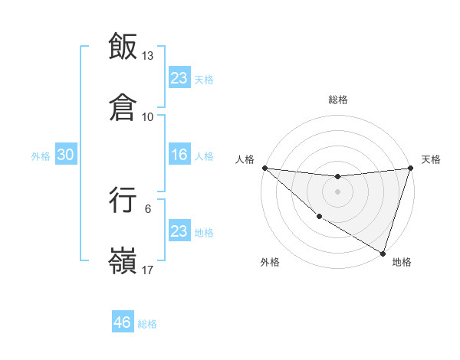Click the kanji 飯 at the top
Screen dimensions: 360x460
tap(123, 46)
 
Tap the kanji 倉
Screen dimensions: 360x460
tap(123, 108)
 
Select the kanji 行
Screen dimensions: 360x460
tap(123, 200)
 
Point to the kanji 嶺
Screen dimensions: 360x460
tap(123, 261)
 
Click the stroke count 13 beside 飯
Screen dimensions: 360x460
tap(148, 56)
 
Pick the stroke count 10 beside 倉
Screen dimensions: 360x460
tap(148, 117)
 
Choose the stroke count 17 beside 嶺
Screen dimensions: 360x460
tap(148, 270)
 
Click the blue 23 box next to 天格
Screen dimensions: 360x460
tap(179, 77)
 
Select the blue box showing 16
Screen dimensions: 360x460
tap(179, 155)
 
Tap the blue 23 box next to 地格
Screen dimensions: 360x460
tap(179, 231)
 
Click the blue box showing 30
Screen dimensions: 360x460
tap(66, 155)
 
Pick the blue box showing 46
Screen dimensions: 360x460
tap(123, 322)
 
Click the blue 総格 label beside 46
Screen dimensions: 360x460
tap(147, 324)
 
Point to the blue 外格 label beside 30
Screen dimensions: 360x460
tap(41, 156)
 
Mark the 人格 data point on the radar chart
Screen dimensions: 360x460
tap(264, 168)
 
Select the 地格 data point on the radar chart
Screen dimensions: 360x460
tap(383, 253)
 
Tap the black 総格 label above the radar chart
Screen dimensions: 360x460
tap(337, 100)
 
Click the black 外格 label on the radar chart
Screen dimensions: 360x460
tap(270, 263)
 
